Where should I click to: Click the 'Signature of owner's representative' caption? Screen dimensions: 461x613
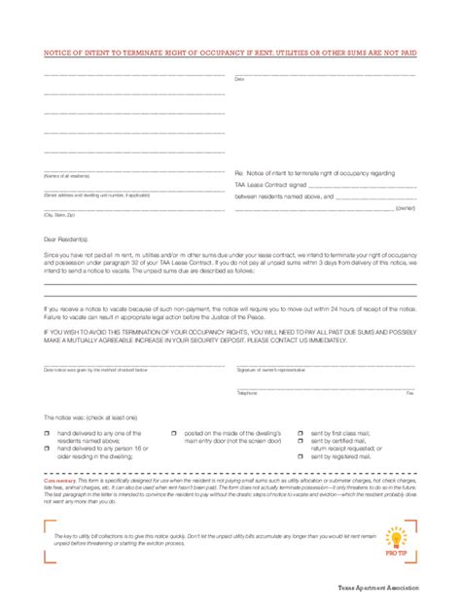click(x=275, y=371)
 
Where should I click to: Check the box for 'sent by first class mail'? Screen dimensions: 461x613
click(x=301, y=430)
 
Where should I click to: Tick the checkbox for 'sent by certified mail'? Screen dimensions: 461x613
click(x=301, y=440)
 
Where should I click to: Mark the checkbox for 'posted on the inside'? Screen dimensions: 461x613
click(x=173, y=430)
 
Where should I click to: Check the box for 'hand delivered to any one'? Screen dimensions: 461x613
click(x=46, y=430)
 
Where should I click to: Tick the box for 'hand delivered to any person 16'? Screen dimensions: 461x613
click(x=46, y=447)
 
